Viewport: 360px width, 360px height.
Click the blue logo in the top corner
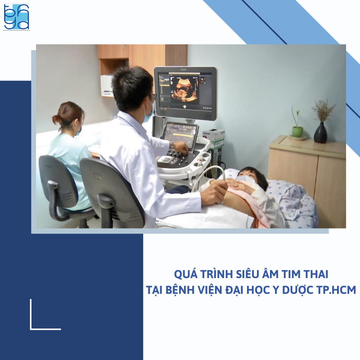click(17, 17)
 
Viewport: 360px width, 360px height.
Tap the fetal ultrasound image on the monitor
click(184, 90)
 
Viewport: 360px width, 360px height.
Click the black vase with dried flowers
click(320, 133)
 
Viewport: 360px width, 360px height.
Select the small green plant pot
click(297, 131)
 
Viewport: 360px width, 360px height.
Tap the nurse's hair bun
click(57, 119)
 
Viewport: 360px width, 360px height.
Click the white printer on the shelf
click(107, 85)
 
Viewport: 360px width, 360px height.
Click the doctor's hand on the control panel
click(180, 148)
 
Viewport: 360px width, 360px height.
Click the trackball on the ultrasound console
click(166, 158)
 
